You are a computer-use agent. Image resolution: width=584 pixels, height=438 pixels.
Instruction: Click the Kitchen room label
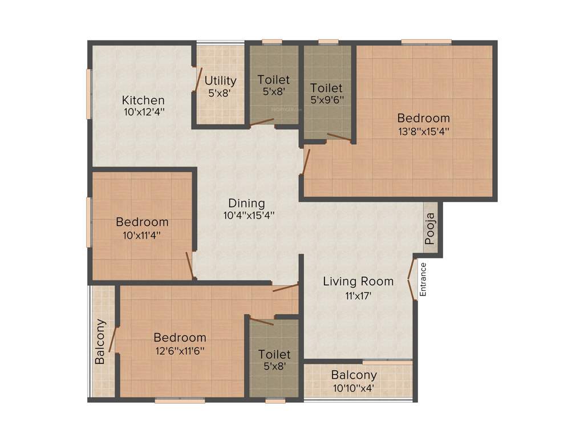143,100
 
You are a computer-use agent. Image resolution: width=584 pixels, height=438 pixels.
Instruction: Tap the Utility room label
221,80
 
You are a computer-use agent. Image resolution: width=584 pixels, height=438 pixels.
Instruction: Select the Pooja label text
431,228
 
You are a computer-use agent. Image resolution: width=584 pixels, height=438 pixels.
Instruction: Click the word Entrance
423,279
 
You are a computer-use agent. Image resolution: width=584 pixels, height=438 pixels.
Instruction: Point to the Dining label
246,203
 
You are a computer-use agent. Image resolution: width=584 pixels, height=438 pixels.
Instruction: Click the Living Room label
358,281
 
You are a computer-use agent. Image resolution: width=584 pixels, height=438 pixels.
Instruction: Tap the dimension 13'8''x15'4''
423,131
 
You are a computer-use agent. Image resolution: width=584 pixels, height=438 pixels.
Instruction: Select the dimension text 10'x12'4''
143,112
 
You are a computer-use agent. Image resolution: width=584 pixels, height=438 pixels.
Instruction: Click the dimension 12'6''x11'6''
180,350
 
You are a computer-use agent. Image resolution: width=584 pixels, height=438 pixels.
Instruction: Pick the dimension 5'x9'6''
326,100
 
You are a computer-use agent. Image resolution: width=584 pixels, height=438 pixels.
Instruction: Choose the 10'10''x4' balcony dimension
354,388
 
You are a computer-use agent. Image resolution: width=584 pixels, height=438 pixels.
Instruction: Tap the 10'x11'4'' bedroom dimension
142,234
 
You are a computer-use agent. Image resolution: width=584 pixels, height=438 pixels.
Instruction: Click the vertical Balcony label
100,342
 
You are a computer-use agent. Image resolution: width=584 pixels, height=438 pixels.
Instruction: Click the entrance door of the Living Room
412,279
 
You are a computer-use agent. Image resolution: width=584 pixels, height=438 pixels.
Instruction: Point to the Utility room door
197,80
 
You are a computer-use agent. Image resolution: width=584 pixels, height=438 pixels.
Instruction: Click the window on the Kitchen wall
88,94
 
